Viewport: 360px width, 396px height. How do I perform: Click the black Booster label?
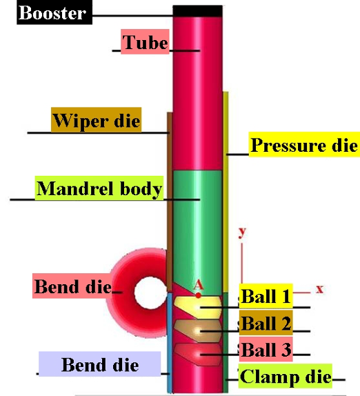click(54, 12)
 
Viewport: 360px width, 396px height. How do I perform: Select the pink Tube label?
click(145, 41)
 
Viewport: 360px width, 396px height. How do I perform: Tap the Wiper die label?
click(96, 120)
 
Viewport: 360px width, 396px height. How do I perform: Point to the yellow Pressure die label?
click(304, 144)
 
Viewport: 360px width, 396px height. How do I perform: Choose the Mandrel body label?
click(99, 188)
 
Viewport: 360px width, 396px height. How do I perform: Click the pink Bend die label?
click(72, 286)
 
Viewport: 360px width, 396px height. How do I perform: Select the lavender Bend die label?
click(100, 364)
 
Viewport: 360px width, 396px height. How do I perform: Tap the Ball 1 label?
click(266, 296)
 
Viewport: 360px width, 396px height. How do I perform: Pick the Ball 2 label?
click(266, 323)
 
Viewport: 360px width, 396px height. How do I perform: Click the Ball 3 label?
click(266, 349)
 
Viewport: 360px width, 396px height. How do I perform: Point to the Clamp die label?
click(286, 376)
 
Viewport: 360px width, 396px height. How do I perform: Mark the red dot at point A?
click(199, 295)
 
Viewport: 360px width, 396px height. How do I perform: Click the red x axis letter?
click(319, 288)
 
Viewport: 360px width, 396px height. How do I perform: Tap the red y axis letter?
click(242, 232)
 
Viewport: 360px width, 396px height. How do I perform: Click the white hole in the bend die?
click(150, 293)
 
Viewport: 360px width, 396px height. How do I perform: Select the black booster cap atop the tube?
click(198, 11)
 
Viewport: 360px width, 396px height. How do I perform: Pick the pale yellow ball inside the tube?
click(198, 307)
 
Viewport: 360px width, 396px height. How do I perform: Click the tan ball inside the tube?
click(198, 330)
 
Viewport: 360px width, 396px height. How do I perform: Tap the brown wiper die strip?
click(170, 202)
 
